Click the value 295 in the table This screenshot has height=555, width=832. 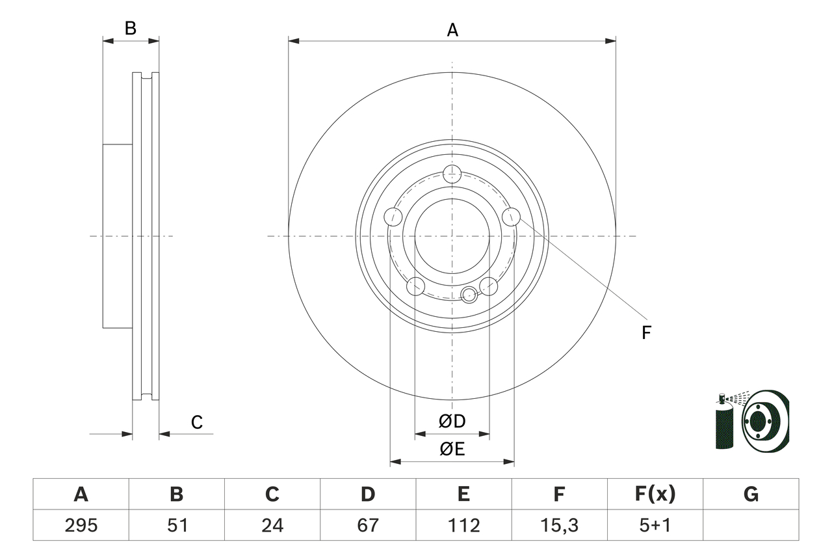coord(81,525)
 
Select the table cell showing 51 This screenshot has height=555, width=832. coord(177,525)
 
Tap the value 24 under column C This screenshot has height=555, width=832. coord(272,525)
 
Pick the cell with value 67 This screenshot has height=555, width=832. coord(368,525)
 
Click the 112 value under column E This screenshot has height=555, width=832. coord(463,525)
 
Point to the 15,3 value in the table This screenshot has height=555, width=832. coord(559,525)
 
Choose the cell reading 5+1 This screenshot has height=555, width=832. coord(655,525)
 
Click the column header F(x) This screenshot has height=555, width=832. coord(655,494)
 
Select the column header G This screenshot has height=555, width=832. coord(751,494)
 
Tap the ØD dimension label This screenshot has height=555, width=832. coord(452,422)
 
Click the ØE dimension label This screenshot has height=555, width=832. coord(452,449)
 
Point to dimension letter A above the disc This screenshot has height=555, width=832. coord(452,30)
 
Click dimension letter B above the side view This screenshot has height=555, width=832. coord(131,29)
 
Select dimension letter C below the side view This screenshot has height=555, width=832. coord(197,423)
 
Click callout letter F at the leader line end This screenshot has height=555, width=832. coord(646,333)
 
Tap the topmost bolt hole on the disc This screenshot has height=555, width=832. coord(452,174)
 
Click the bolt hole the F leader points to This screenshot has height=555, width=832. coord(512,217)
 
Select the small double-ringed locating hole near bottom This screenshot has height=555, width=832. coord(468,295)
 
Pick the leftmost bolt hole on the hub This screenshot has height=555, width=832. coord(393,217)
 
